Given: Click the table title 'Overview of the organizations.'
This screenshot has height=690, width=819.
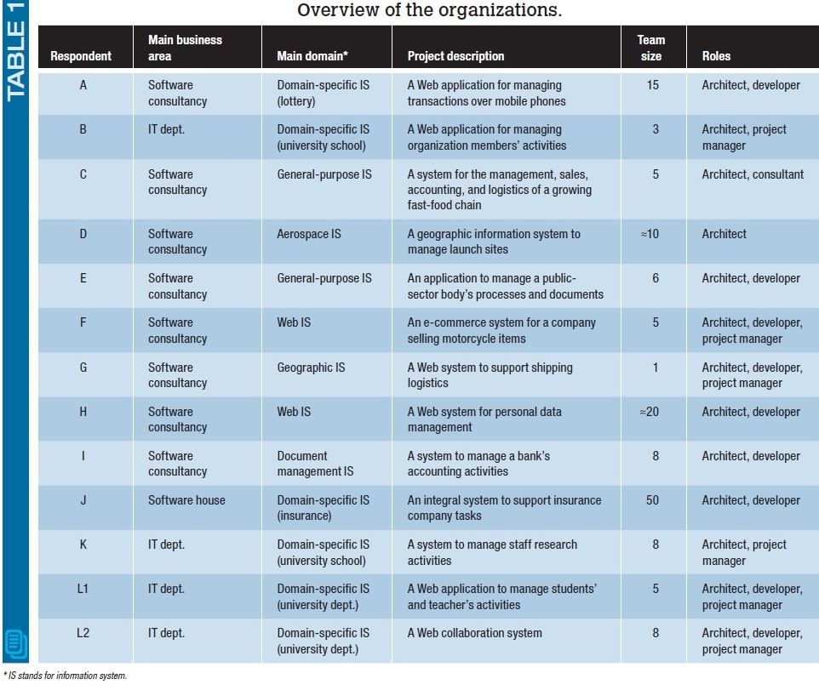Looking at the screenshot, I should click(x=429, y=11).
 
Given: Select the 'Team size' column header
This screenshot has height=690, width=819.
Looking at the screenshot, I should click(x=651, y=48).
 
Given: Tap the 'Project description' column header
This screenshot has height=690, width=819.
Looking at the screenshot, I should click(x=455, y=56).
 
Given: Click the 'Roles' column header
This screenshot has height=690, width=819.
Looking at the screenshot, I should click(x=716, y=56).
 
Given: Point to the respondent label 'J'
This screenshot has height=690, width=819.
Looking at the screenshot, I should click(x=83, y=500).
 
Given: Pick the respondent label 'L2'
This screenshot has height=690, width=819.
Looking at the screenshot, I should click(x=83, y=633).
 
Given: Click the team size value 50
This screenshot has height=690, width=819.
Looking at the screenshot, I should click(x=652, y=500).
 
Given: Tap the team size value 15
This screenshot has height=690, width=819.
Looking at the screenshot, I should click(x=652, y=85).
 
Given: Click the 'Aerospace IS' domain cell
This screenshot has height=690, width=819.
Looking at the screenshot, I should click(x=309, y=233).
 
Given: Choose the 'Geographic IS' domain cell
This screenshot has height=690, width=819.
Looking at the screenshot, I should click(x=311, y=368).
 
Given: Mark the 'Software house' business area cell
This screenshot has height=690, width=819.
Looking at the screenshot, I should click(x=186, y=500).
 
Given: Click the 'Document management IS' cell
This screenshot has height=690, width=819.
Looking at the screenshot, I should click(x=315, y=464).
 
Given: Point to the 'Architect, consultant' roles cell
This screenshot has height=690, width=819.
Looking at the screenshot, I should click(x=753, y=174).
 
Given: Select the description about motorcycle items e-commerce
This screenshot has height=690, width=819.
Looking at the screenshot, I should click(x=501, y=330).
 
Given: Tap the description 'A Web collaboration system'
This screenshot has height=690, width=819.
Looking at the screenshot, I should click(x=474, y=633).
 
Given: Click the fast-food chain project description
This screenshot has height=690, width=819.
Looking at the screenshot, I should click(x=500, y=189).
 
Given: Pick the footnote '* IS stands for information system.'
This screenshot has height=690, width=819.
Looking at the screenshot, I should click(x=65, y=676).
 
